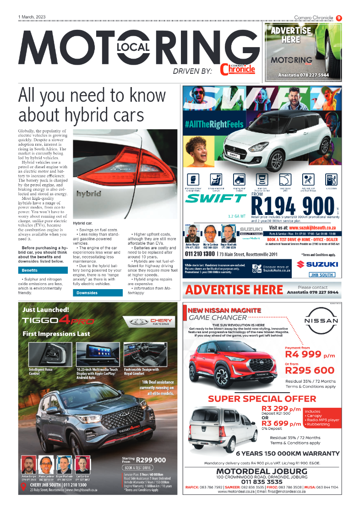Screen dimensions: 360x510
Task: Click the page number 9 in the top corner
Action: point(339,18)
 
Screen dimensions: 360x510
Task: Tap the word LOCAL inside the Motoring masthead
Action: point(133,47)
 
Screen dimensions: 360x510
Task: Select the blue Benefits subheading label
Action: point(30,270)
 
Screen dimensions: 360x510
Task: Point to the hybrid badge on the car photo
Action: point(89,194)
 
